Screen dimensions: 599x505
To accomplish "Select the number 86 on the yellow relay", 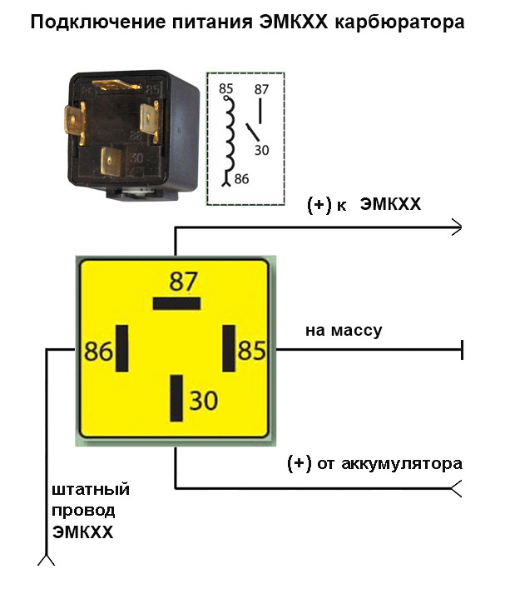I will point(98,351).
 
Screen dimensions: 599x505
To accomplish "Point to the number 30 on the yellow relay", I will point(203,401).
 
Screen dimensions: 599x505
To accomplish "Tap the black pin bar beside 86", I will point(122,349).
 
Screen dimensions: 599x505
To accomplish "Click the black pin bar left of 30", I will point(176,399).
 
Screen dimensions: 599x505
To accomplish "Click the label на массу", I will point(344,331).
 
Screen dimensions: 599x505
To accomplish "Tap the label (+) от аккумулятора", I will point(374,462).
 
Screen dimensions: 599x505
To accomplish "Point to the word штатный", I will point(91,489).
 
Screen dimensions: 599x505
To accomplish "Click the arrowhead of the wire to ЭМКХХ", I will point(457,225).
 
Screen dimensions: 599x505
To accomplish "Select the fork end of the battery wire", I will point(457,488).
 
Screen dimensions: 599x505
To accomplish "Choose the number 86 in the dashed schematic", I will point(240,177).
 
